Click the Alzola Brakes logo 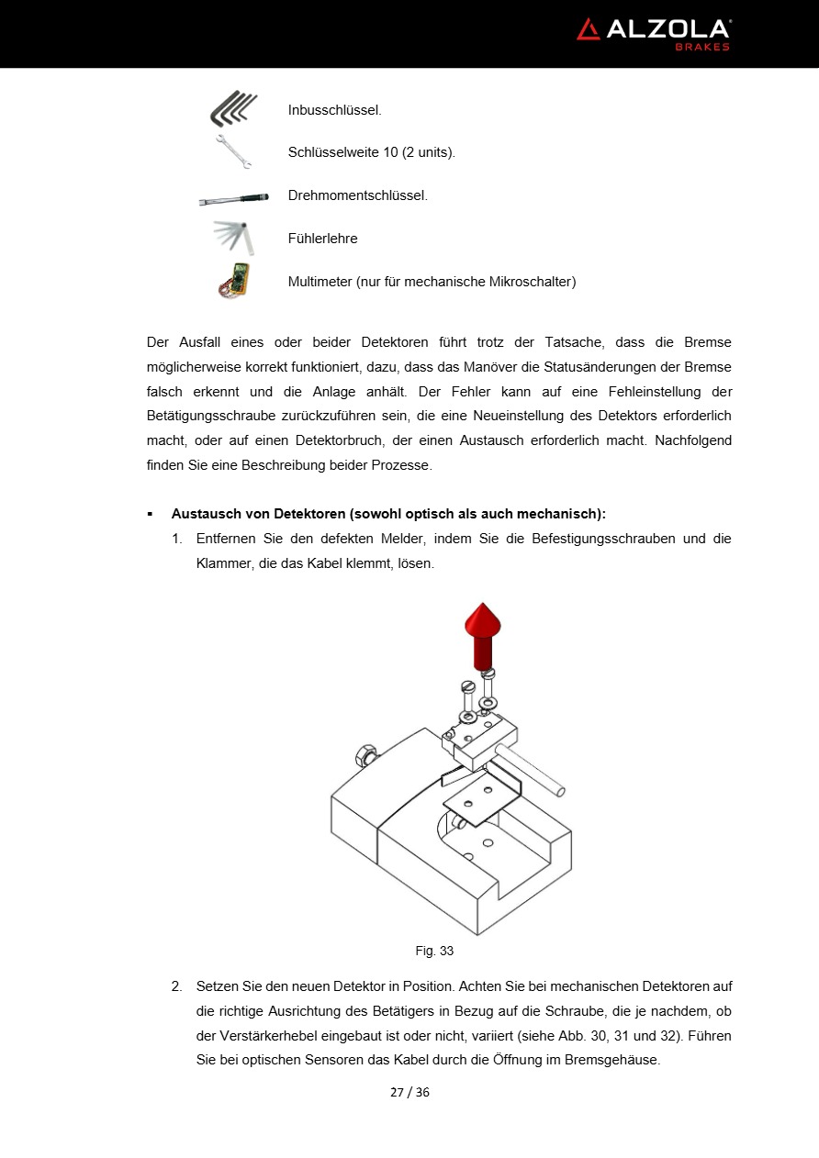653,33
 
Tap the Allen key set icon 233,109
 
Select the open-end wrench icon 234,151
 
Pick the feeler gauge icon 233,238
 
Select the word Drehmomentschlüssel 357,195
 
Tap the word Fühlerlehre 322,239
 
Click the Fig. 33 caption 434,951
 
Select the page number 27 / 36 409,1092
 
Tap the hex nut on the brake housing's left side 363,755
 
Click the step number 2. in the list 176,986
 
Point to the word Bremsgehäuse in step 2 614,1060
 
